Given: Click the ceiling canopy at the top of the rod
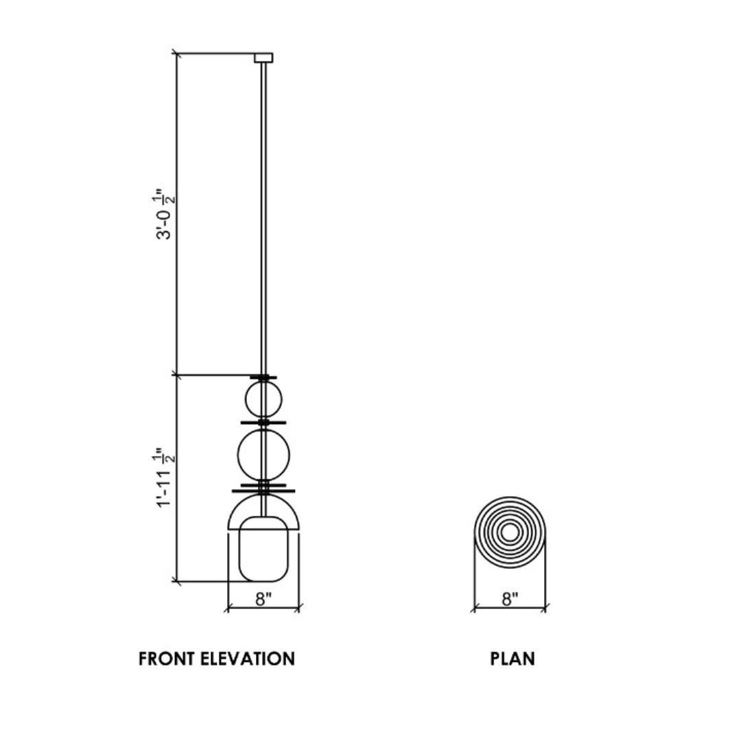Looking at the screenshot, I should tap(263, 58).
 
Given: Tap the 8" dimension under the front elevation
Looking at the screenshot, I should tap(264, 598).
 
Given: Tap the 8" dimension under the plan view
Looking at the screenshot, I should tap(509, 598).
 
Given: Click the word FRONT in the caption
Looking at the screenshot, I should tap(167, 659).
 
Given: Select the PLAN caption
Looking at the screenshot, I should tap(513, 659).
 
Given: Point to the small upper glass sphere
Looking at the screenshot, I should tap(263, 399).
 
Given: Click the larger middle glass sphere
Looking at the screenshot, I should tap(263, 454).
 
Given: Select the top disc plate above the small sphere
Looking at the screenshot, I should tap(263, 377).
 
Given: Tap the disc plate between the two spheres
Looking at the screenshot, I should tap(263, 422).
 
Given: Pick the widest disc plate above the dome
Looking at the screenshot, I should tap(263, 490).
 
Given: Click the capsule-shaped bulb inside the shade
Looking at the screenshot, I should tap(263, 550).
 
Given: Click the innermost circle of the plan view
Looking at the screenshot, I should tap(509, 532).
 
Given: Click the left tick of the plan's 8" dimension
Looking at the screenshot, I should tap(473, 608).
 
